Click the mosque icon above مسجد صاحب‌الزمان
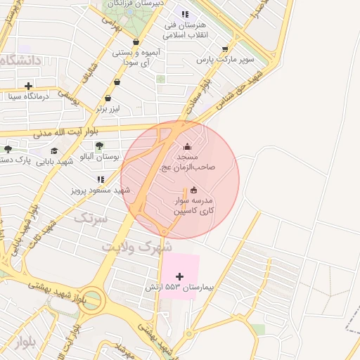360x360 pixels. pos(187,147)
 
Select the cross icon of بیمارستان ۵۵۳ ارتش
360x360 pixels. pos(180,276)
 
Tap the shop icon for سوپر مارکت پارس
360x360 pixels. pos(225,49)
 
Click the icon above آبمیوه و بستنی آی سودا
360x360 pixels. pos(136,42)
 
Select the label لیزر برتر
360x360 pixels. pos(109,109)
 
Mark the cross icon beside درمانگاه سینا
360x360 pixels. pos(28,86)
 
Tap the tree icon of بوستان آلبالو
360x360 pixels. pos(98,146)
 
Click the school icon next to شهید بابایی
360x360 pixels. pos(54,150)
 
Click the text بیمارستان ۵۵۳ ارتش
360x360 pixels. pos(180,288)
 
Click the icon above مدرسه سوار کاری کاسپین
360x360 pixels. pos(194,189)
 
